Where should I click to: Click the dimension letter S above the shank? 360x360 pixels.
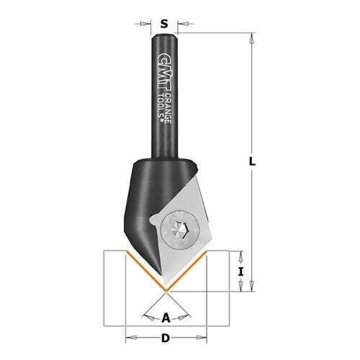click(164, 24)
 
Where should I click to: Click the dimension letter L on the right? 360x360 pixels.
click(252, 161)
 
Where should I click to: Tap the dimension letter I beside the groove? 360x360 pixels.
click(240, 272)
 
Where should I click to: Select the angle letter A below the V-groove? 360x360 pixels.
click(166, 318)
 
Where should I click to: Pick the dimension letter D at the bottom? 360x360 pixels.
click(166, 338)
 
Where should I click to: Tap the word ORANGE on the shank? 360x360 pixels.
click(168, 108)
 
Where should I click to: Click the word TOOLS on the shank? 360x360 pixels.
click(162, 107)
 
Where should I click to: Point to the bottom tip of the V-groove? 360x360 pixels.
click(166, 292)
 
